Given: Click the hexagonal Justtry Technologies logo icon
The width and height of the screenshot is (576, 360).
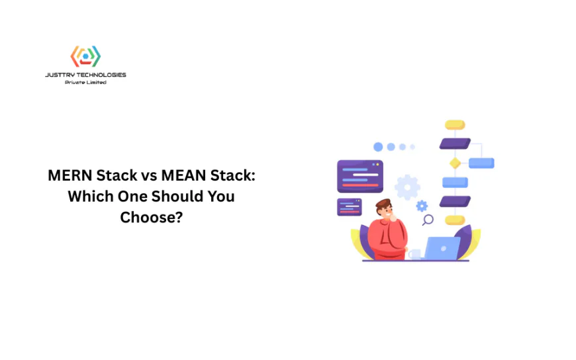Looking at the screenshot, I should (x=85, y=56).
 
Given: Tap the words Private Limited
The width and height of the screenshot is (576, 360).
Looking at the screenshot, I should (x=85, y=82).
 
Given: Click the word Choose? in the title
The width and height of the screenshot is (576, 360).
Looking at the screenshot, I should (x=151, y=216).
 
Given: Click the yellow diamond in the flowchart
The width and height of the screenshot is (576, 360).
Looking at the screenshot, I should (x=455, y=163).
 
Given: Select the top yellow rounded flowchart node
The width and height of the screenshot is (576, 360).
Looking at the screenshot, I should (x=455, y=124).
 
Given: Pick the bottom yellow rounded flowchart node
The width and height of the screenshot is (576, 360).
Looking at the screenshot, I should (x=455, y=220).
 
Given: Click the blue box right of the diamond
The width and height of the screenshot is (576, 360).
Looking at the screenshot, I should (x=481, y=163).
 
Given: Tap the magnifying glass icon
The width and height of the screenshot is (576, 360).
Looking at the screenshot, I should (x=428, y=220).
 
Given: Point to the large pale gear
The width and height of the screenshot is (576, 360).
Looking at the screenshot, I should (x=407, y=187).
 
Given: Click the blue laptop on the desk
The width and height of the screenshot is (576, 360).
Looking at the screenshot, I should (x=442, y=248).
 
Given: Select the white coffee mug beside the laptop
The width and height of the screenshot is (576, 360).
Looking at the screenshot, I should (x=414, y=253).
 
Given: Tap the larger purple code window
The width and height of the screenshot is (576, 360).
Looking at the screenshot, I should (x=360, y=176).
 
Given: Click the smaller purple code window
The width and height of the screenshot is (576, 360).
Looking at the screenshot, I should (x=349, y=206).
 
